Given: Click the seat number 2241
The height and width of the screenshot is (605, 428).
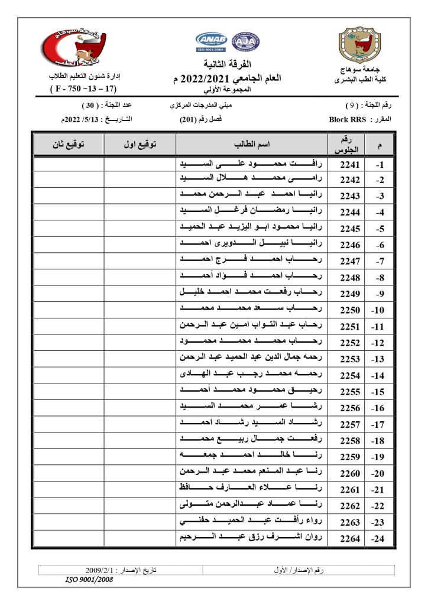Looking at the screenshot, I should (x=349, y=164).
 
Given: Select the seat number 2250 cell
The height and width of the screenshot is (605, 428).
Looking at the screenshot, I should (x=349, y=309).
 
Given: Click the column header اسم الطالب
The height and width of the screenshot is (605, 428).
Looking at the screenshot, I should (x=252, y=145).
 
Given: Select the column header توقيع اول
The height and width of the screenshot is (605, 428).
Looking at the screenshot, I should (x=140, y=145).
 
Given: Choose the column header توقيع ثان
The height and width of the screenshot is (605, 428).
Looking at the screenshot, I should (x=68, y=145).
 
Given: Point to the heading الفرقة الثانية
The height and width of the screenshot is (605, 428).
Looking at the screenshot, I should (x=227, y=64).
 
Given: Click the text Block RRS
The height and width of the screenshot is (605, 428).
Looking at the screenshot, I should (x=348, y=119).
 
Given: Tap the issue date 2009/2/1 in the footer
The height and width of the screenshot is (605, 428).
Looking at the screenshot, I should (x=105, y=570).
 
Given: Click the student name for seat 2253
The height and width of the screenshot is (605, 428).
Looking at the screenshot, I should (x=252, y=359).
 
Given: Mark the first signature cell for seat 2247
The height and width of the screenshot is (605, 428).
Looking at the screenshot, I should (x=140, y=261).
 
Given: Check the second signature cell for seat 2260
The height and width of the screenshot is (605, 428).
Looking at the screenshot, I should (x=68, y=473).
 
